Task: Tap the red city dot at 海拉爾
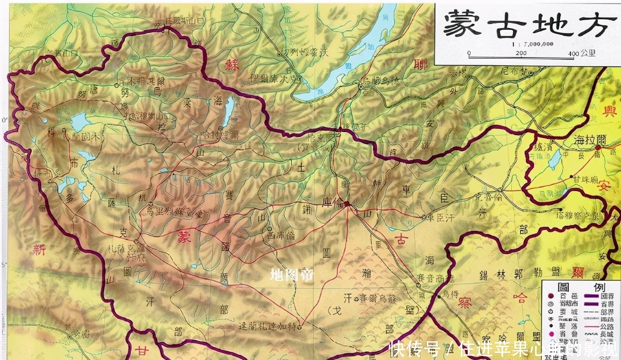(x=598, y=147)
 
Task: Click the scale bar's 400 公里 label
(x=582, y=54)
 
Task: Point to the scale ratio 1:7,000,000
(x=533, y=44)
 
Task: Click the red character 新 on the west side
(x=39, y=249)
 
